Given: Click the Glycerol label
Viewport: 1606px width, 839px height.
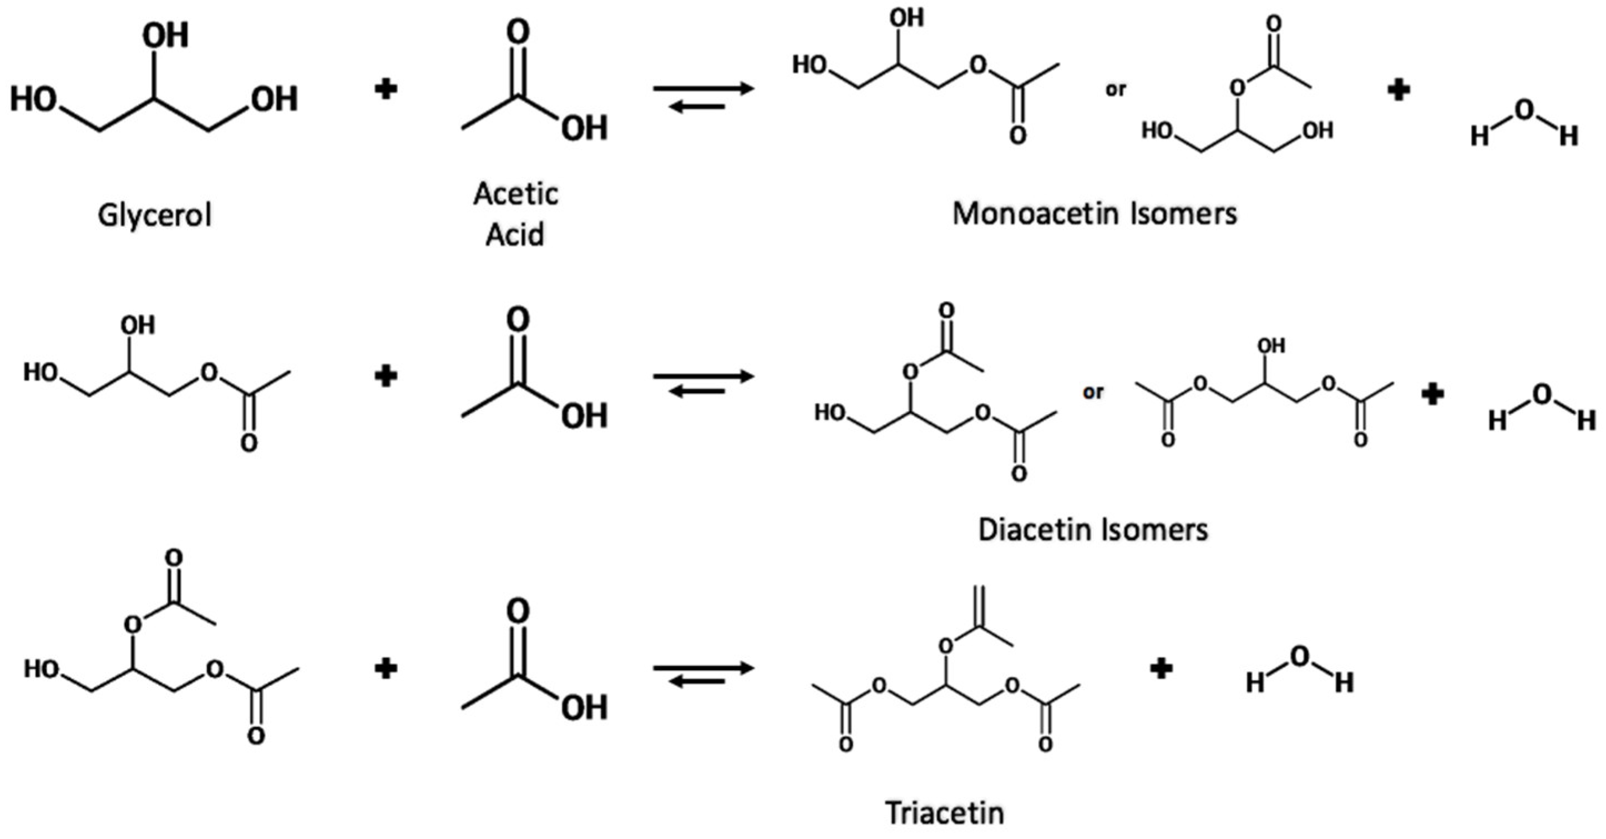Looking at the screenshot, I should [155, 216].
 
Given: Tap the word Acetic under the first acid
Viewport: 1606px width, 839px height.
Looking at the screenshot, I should [515, 193].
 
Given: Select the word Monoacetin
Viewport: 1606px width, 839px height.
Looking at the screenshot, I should [1036, 214].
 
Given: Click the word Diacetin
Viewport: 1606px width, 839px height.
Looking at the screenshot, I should [1031, 530].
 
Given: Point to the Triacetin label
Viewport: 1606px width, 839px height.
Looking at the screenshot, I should [945, 813].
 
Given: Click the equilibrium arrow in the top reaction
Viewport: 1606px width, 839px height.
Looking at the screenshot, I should [703, 97].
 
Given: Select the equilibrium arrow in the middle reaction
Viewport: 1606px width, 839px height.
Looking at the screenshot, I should [703, 384].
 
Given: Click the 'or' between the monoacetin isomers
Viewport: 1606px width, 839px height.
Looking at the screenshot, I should [1116, 90].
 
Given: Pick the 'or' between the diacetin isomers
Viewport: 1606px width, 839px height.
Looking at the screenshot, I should [1093, 393].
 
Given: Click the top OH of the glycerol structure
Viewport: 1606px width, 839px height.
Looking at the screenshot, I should [165, 36].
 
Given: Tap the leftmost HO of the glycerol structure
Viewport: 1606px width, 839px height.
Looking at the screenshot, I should [34, 100].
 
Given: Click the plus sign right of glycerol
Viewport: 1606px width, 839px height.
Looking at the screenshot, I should [386, 90].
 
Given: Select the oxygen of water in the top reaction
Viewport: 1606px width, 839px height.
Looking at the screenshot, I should [1523, 111].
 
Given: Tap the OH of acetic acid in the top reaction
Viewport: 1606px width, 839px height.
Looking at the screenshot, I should [584, 128].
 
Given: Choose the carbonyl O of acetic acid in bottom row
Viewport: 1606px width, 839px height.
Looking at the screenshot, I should [518, 611].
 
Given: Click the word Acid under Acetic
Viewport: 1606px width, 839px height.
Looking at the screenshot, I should [515, 234].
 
